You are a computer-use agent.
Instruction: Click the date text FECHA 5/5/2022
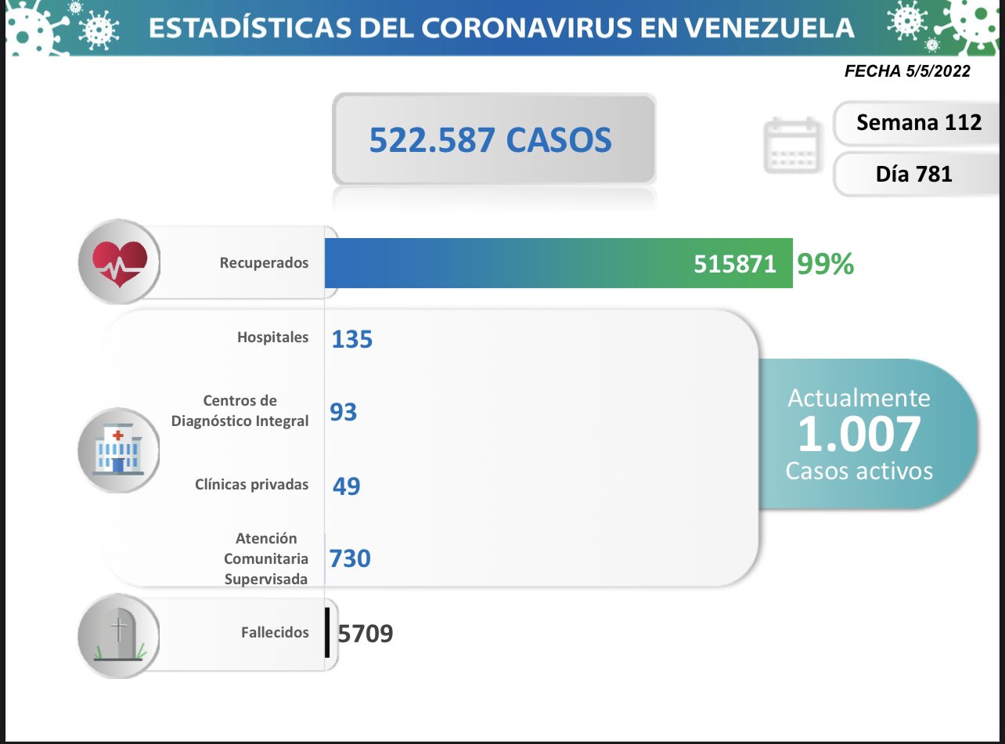point(907,71)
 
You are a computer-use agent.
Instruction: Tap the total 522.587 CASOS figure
point(490,140)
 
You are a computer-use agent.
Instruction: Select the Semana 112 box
point(919,122)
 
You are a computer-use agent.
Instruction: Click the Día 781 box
point(913,174)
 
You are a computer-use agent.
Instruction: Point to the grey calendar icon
point(792,146)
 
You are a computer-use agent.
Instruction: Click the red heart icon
point(119,262)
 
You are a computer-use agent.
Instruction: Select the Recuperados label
point(264,263)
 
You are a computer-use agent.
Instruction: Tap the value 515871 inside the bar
point(735,265)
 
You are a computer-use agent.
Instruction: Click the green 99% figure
point(825,265)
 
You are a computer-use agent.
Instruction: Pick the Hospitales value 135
point(351,339)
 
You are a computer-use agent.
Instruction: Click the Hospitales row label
point(272,338)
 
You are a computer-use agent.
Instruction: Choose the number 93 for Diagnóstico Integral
point(344,412)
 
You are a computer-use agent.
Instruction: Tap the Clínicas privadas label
point(251,484)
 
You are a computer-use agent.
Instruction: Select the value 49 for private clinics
point(346,486)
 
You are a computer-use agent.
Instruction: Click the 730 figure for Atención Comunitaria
point(350,558)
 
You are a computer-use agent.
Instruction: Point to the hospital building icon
point(118,450)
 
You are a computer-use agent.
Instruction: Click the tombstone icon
point(118,634)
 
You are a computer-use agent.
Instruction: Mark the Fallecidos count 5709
point(366,632)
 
